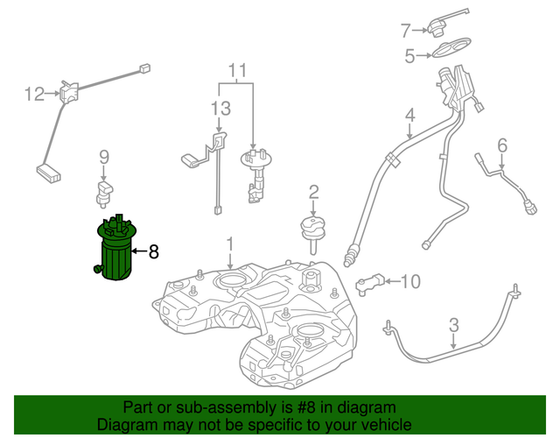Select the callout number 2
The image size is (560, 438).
click(313, 192)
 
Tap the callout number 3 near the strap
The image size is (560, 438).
click(453, 327)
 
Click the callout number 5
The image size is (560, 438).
click(409, 57)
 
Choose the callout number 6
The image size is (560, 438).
click(502, 145)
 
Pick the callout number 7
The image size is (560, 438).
click(405, 32)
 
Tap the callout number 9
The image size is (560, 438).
click(103, 158)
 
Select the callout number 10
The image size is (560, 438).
click(409, 281)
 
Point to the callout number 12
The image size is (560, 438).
click(33, 94)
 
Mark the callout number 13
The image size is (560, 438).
click(220, 109)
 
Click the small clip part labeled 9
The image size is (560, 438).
click(105, 190)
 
